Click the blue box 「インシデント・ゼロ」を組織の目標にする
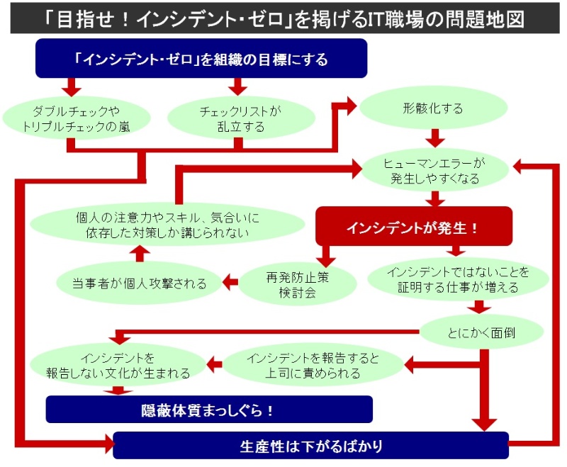coord(201,59)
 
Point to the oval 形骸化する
coord(433,108)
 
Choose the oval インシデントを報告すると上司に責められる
coord(313,365)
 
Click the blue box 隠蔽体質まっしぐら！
coord(209,409)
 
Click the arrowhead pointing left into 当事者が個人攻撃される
coord(229,283)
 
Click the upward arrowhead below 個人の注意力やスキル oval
coord(140,252)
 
